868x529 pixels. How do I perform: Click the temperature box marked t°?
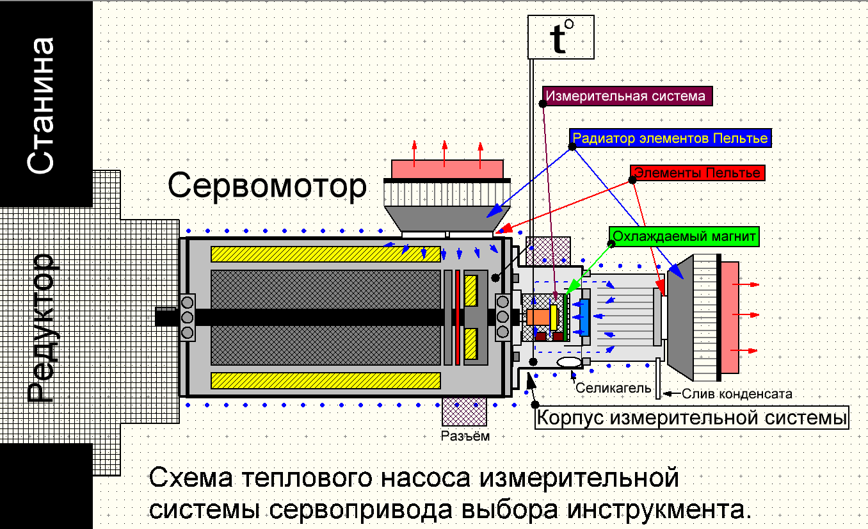click(x=561, y=37)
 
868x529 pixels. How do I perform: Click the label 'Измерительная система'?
click(x=627, y=96)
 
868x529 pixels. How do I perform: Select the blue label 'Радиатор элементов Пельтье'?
click(x=670, y=138)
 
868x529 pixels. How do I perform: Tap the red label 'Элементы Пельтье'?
click(x=698, y=172)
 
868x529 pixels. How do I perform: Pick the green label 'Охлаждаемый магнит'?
click(x=684, y=236)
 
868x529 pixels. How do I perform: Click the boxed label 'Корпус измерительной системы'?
click(x=692, y=418)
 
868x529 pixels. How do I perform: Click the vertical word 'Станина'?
click(x=40, y=106)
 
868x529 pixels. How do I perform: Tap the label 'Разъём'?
click(x=465, y=436)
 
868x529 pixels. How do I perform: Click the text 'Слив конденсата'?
click(x=737, y=394)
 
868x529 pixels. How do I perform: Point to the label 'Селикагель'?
click(x=613, y=388)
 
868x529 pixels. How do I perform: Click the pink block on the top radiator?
click(x=447, y=169)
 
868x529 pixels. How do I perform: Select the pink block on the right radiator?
click(x=730, y=318)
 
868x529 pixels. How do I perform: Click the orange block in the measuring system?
click(x=538, y=317)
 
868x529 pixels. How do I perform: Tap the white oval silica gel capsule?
click(x=569, y=362)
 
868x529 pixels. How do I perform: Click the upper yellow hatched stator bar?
click(x=325, y=254)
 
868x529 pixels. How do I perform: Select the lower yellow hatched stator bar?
click(x=325, y=381)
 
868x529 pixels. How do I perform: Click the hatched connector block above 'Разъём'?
click(x=464, y=412)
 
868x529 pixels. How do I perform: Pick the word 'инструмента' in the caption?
click(x=659, y=509)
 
